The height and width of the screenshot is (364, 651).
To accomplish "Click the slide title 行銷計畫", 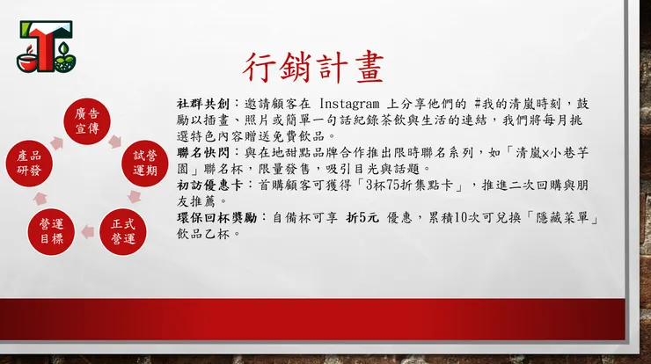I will pos(313,68).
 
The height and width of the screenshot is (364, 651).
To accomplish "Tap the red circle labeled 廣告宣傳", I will pos(86,123).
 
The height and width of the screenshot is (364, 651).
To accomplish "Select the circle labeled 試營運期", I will pos(145,163).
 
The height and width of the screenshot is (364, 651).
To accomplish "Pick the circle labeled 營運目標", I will pos(50,230).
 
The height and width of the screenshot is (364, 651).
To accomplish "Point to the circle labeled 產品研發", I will pos(29,163).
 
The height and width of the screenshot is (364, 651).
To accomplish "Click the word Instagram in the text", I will pos(355,104).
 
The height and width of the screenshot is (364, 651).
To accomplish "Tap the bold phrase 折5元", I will pos(363,217).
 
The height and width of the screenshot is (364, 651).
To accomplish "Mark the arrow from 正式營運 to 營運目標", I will pos(87,233).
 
